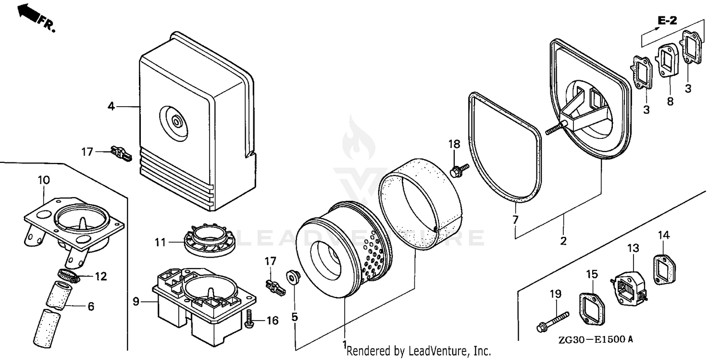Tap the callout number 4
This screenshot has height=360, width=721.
tap(111, 106)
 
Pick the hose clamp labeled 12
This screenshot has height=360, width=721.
tap(68, 276)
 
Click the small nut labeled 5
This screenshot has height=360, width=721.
tap(291, 276)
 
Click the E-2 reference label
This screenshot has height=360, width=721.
tap(667, 21)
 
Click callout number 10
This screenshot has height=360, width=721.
tap(43, 180)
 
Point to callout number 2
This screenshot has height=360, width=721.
tap(563, 240)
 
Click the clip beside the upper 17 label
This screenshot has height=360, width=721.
tap(121, 153)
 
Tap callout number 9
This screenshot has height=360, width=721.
tap(136, 302)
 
